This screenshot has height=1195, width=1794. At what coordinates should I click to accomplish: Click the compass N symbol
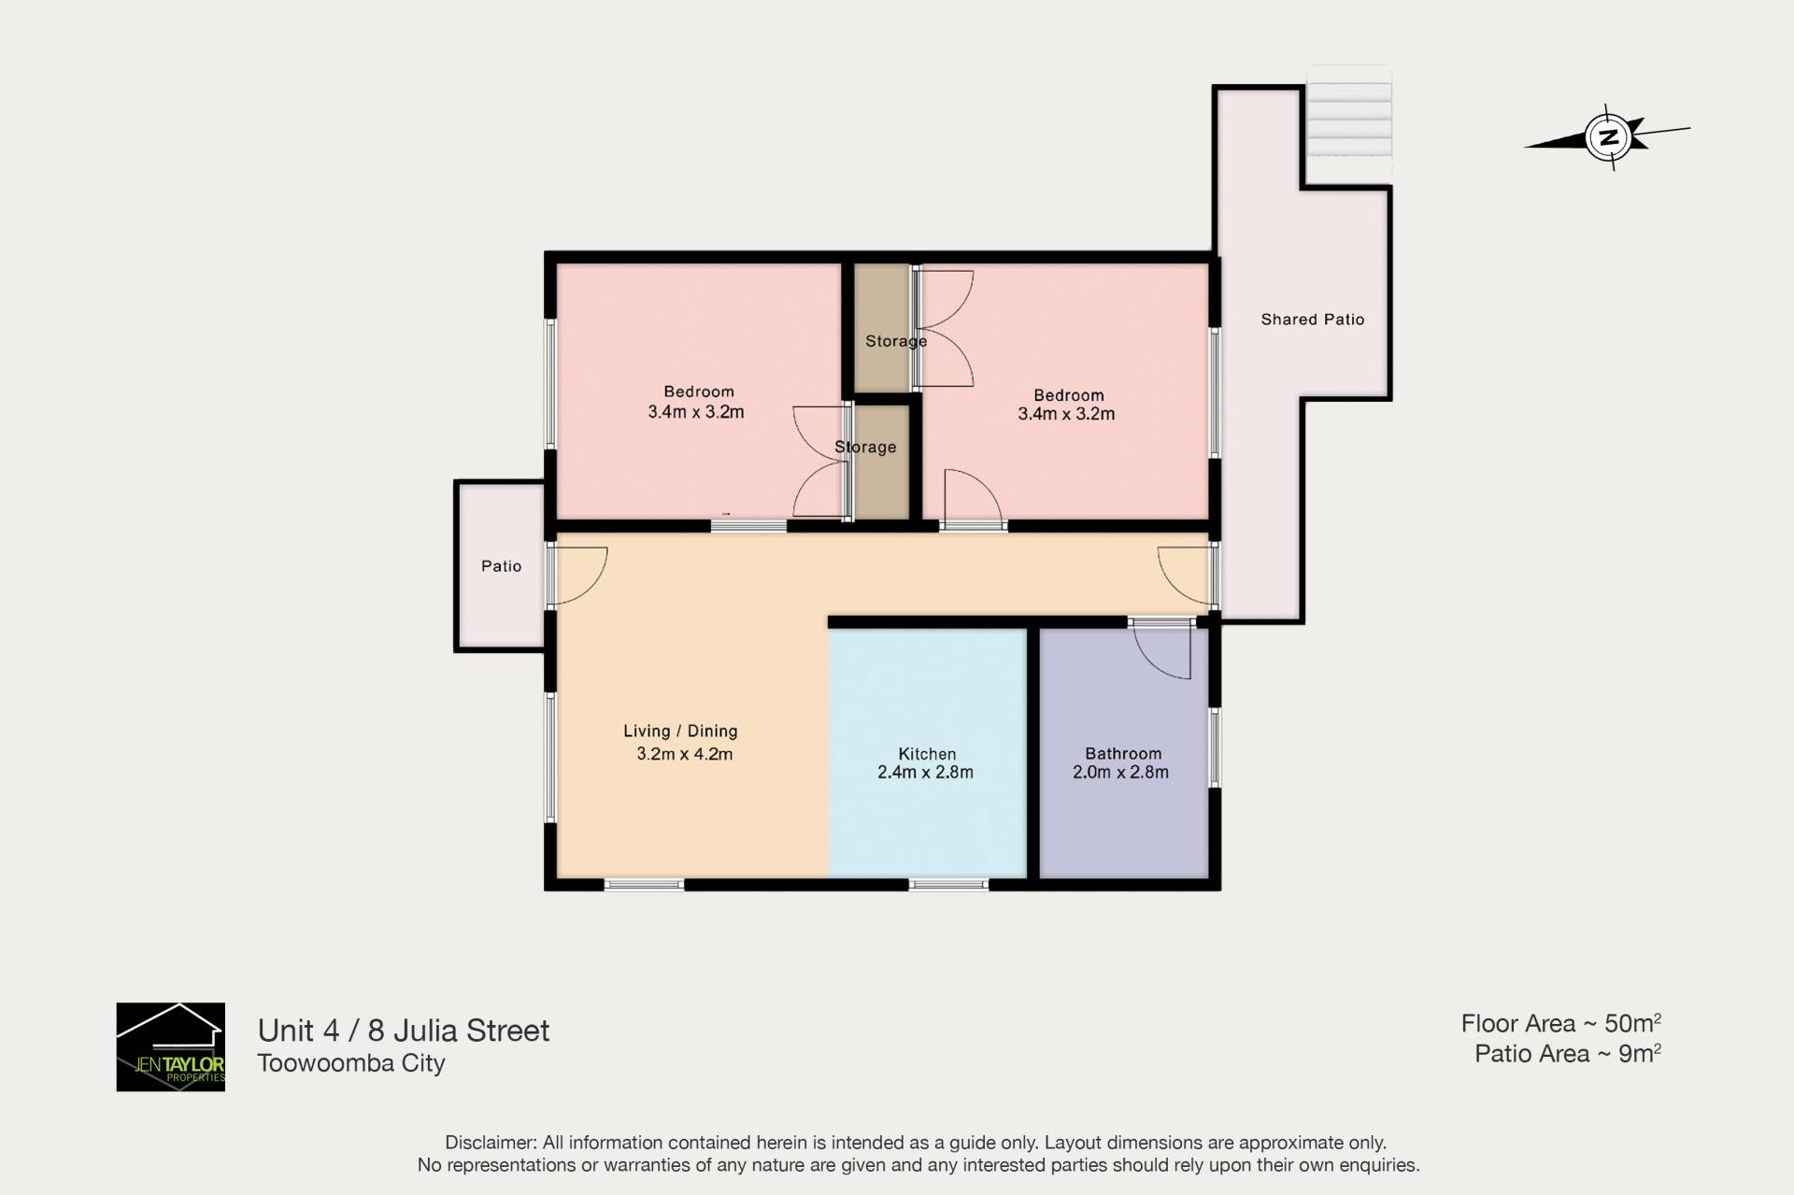click(1608, 137)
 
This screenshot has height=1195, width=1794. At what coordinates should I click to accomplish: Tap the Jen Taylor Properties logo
click(170, 1046)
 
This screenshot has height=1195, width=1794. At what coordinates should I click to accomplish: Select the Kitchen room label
click(927, 754)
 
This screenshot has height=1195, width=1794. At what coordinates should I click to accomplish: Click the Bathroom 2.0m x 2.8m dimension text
click(1120, 773)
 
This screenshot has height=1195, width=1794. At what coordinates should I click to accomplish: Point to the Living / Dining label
click(680, 732)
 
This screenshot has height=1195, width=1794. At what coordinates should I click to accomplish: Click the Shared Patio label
click(1313, 320)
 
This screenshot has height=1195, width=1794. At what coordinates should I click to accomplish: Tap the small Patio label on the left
click(502, 566)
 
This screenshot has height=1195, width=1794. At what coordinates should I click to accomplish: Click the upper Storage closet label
click(896, 342)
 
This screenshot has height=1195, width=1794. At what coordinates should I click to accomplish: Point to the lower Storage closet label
click(865, 448)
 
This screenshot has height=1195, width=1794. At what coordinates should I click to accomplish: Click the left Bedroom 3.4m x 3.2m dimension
click(696, 412)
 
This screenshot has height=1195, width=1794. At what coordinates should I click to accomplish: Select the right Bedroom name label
click(1069, 395)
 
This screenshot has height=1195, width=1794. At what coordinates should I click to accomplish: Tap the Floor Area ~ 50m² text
click(1561, 1023)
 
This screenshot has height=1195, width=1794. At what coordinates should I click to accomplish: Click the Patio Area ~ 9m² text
click(1568, 1054)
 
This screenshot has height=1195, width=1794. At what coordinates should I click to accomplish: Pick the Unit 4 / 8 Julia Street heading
click(404, 1031)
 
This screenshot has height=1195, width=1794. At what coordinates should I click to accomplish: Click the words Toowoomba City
click(351, 1063)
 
